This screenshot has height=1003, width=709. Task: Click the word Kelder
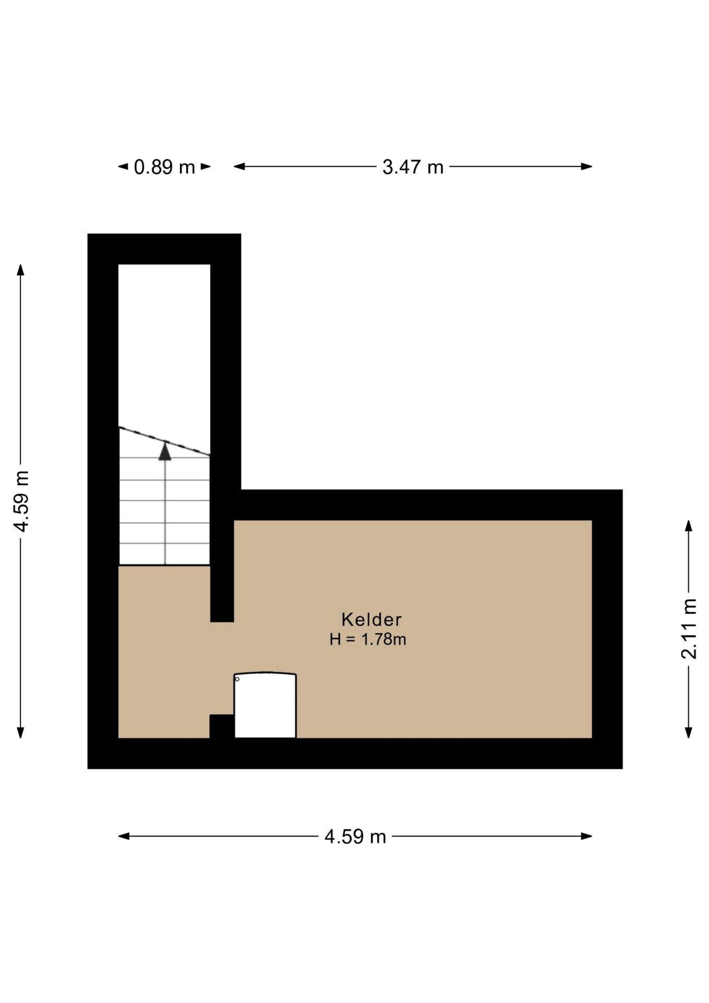[x=371, y=620]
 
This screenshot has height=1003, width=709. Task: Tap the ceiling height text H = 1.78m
[x=368, y=639]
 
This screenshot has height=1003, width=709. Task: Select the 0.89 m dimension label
[x=164, y=167]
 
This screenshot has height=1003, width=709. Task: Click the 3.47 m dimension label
[x=413, y=167]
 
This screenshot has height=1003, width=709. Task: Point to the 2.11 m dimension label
[x=689, y=629]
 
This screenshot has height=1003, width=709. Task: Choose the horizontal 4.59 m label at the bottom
[x=355, y=836]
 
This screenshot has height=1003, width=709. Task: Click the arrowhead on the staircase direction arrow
[x=165, y=451]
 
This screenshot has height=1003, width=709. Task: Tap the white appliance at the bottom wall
[x=265, y=705]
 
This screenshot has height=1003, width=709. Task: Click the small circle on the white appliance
[x=237, y=679]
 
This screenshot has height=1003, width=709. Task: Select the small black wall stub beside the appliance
[x=222, y=726]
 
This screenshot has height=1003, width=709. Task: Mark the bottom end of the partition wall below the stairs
[x=222, y=622]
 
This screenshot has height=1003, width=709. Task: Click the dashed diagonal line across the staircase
[x=164, y=441]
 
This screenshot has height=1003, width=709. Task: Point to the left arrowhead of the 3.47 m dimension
[x=239, y=167]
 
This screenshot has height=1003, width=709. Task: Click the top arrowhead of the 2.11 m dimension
[x=689, y=526]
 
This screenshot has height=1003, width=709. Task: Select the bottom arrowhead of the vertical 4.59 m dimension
[x=21, y=732]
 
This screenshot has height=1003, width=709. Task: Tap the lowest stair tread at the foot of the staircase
[x=164, y=554]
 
